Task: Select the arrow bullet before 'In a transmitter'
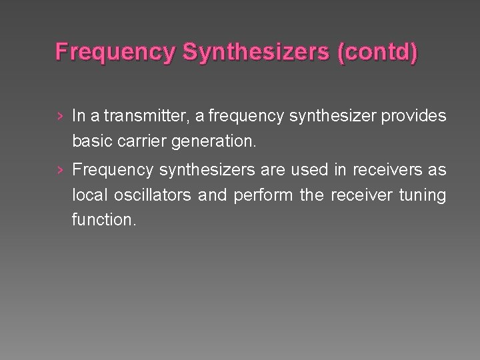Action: pyautogui.click(x=61, y=117)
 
